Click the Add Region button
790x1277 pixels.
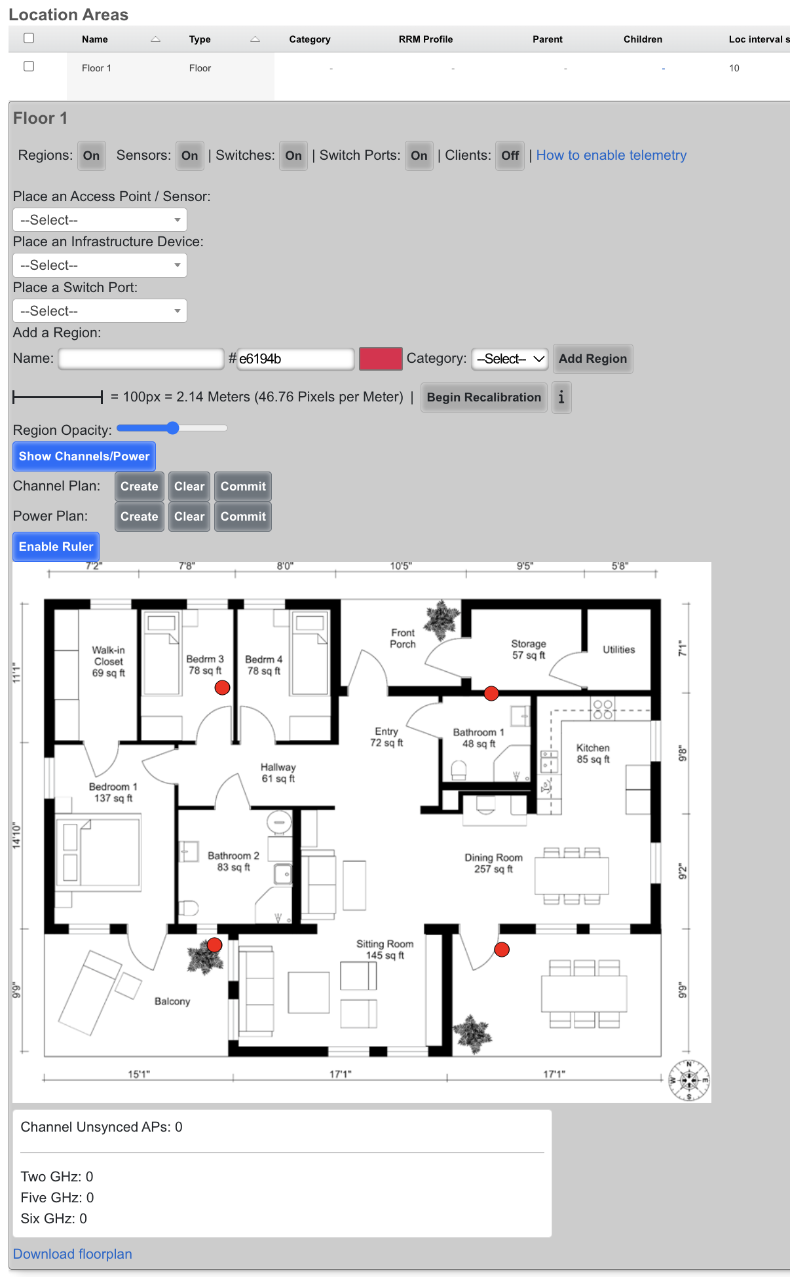point(593,359)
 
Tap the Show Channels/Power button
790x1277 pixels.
point(84,456)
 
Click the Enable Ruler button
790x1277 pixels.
point(56,547)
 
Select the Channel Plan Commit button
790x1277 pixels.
point(243,487)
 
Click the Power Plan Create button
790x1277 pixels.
point(139,517)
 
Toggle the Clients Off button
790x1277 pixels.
point(510,156)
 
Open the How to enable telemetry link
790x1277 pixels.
point(611,155)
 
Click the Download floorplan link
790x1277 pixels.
point(73,1253)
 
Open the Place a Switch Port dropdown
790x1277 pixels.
point(100,311)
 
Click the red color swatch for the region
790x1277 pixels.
point(381,359)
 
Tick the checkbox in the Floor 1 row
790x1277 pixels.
point(29,66)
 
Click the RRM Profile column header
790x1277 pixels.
point(426,39)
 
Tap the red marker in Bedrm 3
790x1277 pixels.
point(223,687)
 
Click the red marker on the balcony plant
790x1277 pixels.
point(215,945)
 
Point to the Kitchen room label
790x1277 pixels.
point(593,754)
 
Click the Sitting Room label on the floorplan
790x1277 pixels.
point(385,950)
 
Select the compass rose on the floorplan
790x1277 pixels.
point(689,1080)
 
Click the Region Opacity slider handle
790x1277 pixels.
point(172,428)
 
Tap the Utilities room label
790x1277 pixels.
point(619,650)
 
